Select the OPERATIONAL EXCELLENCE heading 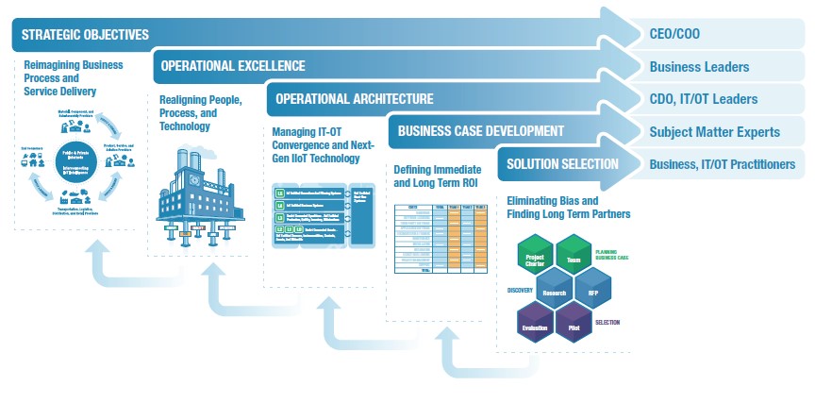(233, 66)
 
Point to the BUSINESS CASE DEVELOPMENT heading (481, 131)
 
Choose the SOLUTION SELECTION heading (562, 163)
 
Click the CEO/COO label (675, 35)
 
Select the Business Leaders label (699, 67)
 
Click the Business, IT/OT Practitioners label (723, 163)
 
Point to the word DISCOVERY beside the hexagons (521, 290)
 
